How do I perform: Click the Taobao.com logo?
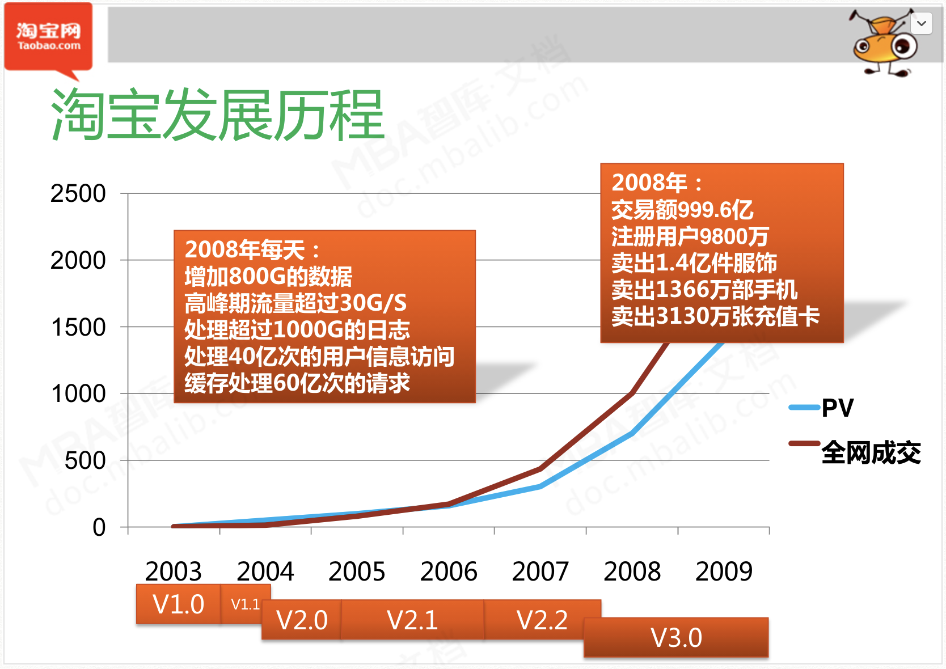(48, 37)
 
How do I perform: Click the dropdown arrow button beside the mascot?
(921, 24)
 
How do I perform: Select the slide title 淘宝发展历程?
(218, 116)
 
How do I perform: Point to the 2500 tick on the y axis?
(78, 194)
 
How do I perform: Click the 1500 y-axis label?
(78, 327)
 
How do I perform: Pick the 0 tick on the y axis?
(99, 527)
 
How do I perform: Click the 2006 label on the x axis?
(449, 571)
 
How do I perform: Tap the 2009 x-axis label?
(724, 571)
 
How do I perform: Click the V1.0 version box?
(178, 604)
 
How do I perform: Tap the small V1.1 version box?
(245, 604)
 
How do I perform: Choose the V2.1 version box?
(412, 620)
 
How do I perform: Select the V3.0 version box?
(676, 638)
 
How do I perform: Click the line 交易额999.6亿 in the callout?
(682, 210)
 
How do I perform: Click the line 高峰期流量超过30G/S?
(295, 303)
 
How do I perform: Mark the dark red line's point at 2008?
(632, 393)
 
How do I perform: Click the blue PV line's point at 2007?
(540, 486)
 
